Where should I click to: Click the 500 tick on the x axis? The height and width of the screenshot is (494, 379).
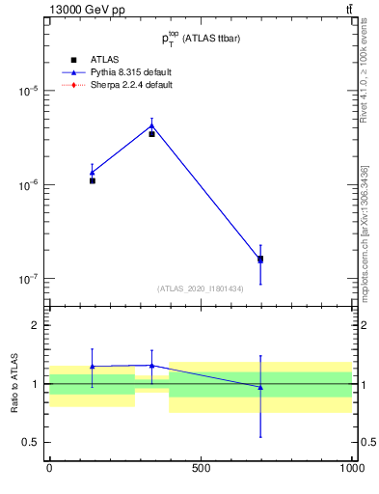click(201, 469)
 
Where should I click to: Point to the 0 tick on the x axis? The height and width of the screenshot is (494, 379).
click(49, 469)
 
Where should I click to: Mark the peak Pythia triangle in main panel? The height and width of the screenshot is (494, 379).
click(151, 124)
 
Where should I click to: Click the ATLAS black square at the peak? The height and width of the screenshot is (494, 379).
click(151, 134)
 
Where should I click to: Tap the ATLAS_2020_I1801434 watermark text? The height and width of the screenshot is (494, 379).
click(200, 288)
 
